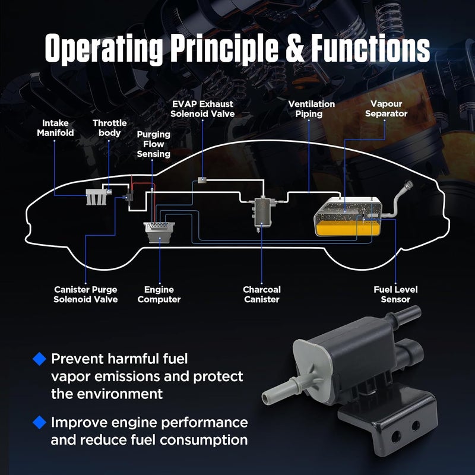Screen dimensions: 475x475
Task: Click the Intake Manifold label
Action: [55, 128]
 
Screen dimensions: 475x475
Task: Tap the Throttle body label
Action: [109, 128]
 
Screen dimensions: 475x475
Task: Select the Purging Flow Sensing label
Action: [153, 144]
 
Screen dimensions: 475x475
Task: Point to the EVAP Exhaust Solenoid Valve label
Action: [202, 109]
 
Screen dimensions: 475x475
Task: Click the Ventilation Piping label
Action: [311, 109]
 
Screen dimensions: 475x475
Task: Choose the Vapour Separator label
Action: [387, 109]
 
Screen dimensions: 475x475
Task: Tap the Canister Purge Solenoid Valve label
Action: [85, 294]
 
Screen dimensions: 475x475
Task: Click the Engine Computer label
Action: [159, 294]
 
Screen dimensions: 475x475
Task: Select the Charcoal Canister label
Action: [262, 294]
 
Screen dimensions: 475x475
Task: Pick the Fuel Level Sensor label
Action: [395, 294]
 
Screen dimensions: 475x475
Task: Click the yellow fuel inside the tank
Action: [347, 228]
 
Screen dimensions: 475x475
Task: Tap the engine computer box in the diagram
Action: [159, 232]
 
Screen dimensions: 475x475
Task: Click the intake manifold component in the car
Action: [96, 197]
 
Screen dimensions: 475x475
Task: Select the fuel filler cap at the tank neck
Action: [409, 184]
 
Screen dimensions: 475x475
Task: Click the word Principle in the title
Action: [224, 48]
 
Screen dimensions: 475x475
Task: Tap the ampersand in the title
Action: [294, 48]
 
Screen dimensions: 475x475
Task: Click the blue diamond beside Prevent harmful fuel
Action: [39, 359]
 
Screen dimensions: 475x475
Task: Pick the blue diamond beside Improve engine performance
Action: [39, 422]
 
